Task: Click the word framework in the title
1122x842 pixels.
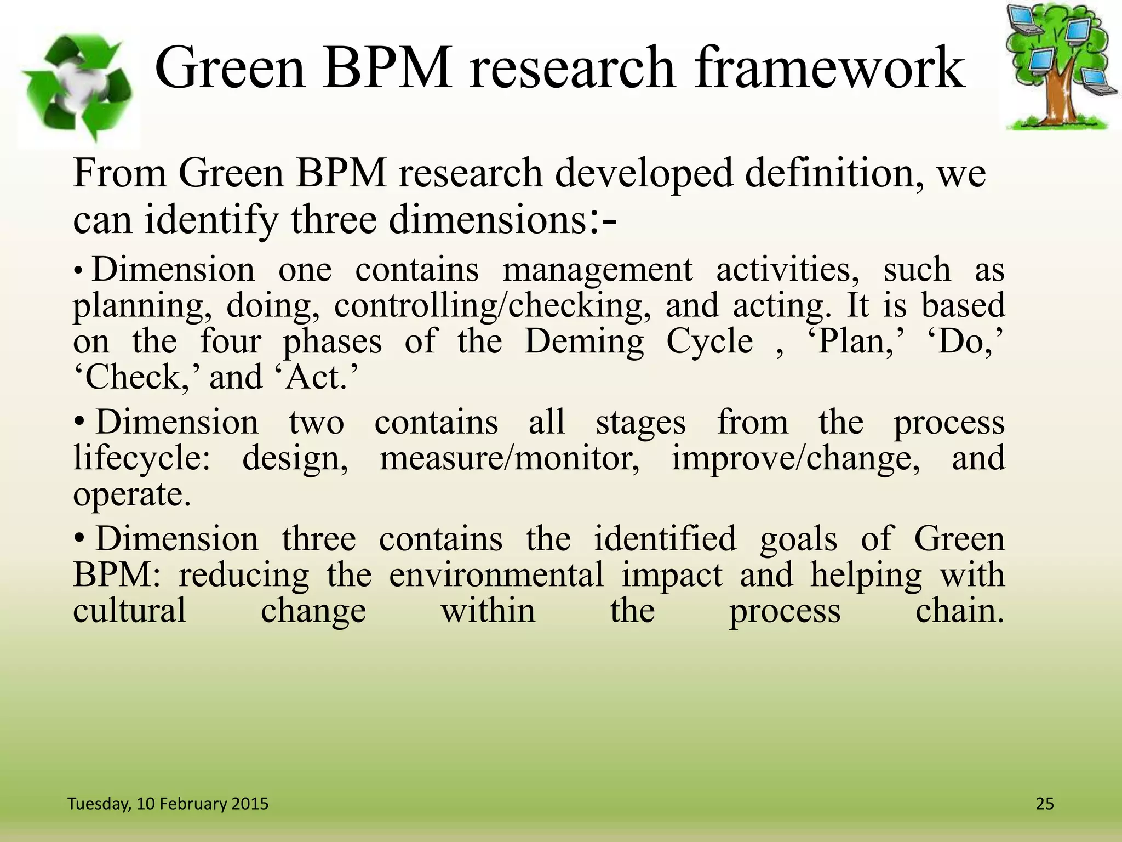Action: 828,67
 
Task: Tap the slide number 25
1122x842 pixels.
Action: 1045,804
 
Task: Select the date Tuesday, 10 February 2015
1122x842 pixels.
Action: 168,804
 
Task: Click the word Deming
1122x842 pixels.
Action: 584,342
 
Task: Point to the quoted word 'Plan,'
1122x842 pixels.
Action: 855,342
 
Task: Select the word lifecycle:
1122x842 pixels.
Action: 141,458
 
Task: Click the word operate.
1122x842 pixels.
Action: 132,494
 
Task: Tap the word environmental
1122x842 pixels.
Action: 496,575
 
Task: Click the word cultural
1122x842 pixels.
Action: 129,611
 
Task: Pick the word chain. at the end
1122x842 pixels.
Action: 959,611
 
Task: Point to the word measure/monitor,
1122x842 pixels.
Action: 510,458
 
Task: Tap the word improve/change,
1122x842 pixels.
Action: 796,458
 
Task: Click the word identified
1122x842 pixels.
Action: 665,539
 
